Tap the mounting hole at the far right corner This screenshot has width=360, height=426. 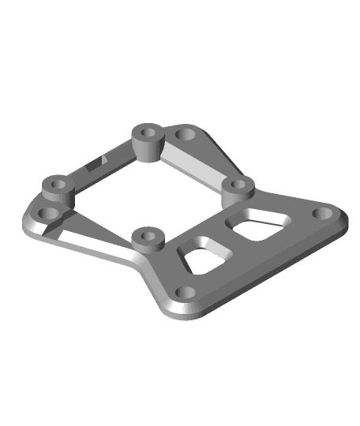pos(323,213)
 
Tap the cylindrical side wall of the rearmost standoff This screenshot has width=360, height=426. pos(148,146)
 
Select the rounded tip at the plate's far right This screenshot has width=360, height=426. pos(341,218)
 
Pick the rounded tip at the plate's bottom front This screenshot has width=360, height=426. pos(180,312)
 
